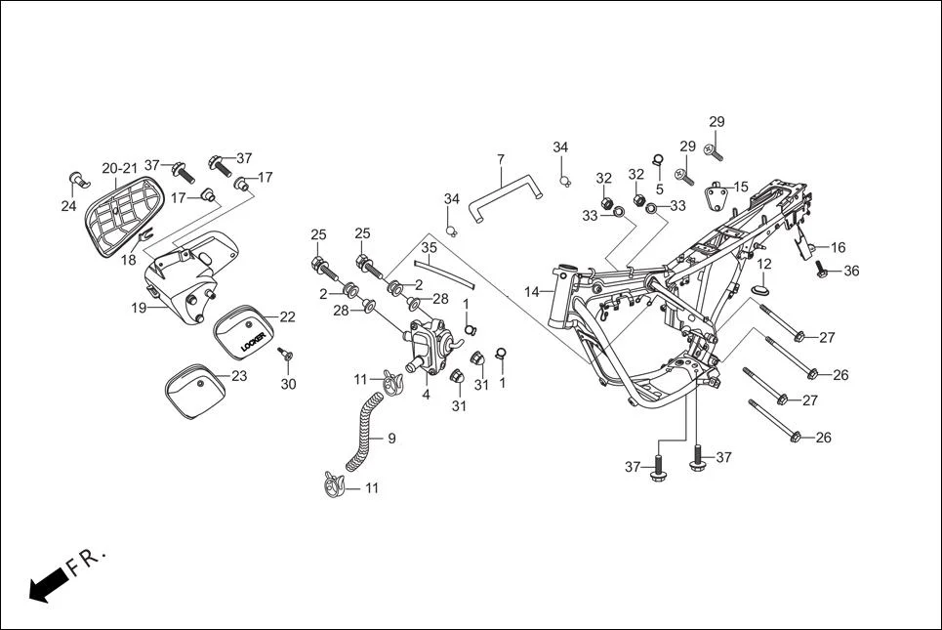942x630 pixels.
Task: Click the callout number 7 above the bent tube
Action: pos(501,159)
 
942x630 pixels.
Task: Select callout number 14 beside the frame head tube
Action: pos(532,292)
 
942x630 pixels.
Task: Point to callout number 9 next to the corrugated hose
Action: pos(391,440)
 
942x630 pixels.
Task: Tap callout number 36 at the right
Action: pos(851,271)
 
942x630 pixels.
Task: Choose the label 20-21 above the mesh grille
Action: pos(120,168)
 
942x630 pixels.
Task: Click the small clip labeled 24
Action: pos(76,181)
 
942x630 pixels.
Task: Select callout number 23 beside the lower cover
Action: pos(239,375)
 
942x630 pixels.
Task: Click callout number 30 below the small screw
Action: pos(288,384)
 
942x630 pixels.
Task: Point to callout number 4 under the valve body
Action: pos(426,395)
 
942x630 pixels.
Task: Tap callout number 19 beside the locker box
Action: pos(140,308)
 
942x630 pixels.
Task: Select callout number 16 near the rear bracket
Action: pos(838,247)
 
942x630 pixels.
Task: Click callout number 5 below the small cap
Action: pos(659,189)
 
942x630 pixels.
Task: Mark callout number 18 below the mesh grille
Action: pos(129,261)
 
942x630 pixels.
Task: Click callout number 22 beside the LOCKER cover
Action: pos(287,316)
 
